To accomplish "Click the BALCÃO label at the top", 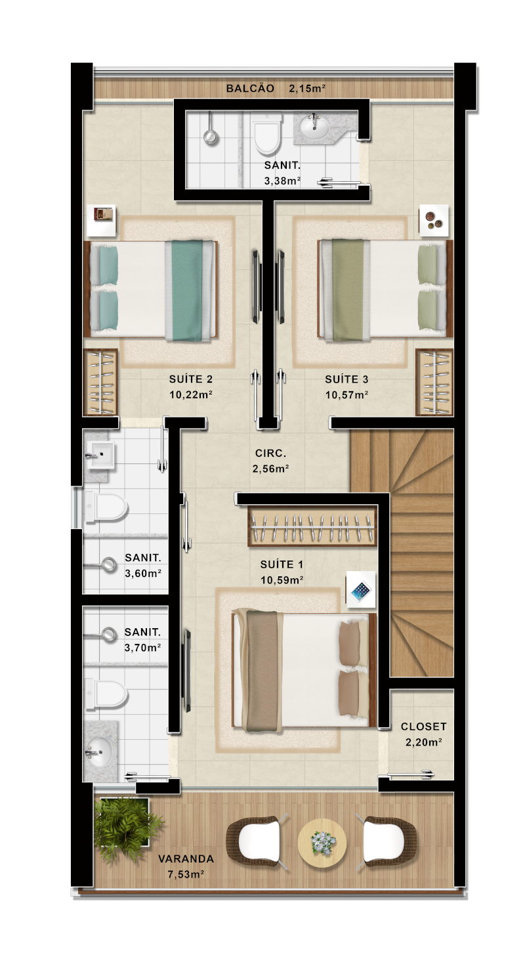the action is tap(250, 89).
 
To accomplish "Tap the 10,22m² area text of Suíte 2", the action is tap(191, 394).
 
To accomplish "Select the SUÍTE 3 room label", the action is tap(346, 379).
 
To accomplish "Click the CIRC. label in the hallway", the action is tap(270, 454).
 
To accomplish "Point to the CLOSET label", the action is tap(423, 727).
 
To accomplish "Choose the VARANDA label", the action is tap(186, 859).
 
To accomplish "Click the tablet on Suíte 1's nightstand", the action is tap(361, 591).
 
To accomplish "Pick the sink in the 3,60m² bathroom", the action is tap(101, 455).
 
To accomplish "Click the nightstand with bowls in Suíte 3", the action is tap(434, 221).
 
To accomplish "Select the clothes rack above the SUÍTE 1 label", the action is tap(312, 525).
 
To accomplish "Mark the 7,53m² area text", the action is tap(186, 874).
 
